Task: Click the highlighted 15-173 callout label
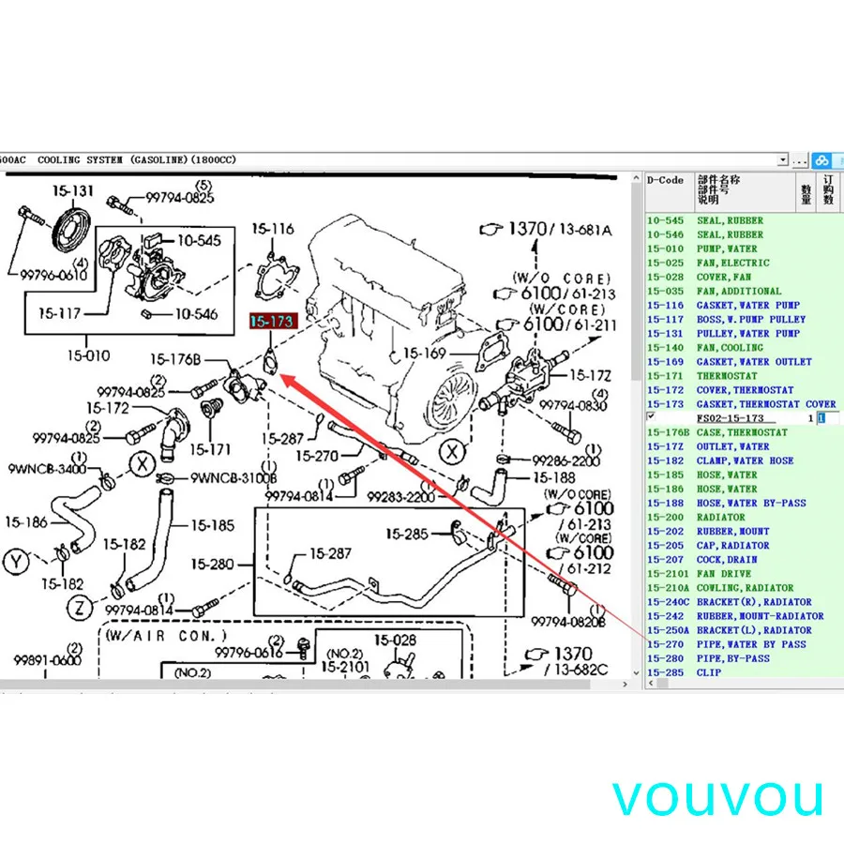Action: click(x=271, y=322)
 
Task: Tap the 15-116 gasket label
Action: click(x=272, y=229)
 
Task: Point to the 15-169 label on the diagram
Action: click(x=424, y=354)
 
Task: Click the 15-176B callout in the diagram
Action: click(x=176, y=359)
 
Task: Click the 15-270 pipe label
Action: click(x=316, y=456)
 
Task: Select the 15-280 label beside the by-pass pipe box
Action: click(x=212, y=565)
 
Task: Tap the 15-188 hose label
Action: click(x=552, y=478)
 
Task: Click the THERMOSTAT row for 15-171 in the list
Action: click(x=726, y=376)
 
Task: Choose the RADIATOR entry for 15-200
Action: click(x=721, y=518)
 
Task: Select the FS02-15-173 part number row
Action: click(x=731, y=418)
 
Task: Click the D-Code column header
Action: click(x=666, y=180)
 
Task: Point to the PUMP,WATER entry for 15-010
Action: click(x=726, y=249)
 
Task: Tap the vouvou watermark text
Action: click(x=717, y=796)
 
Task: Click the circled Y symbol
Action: click(x=16, y=562)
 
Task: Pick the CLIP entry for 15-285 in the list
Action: click(x=709, y=672)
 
